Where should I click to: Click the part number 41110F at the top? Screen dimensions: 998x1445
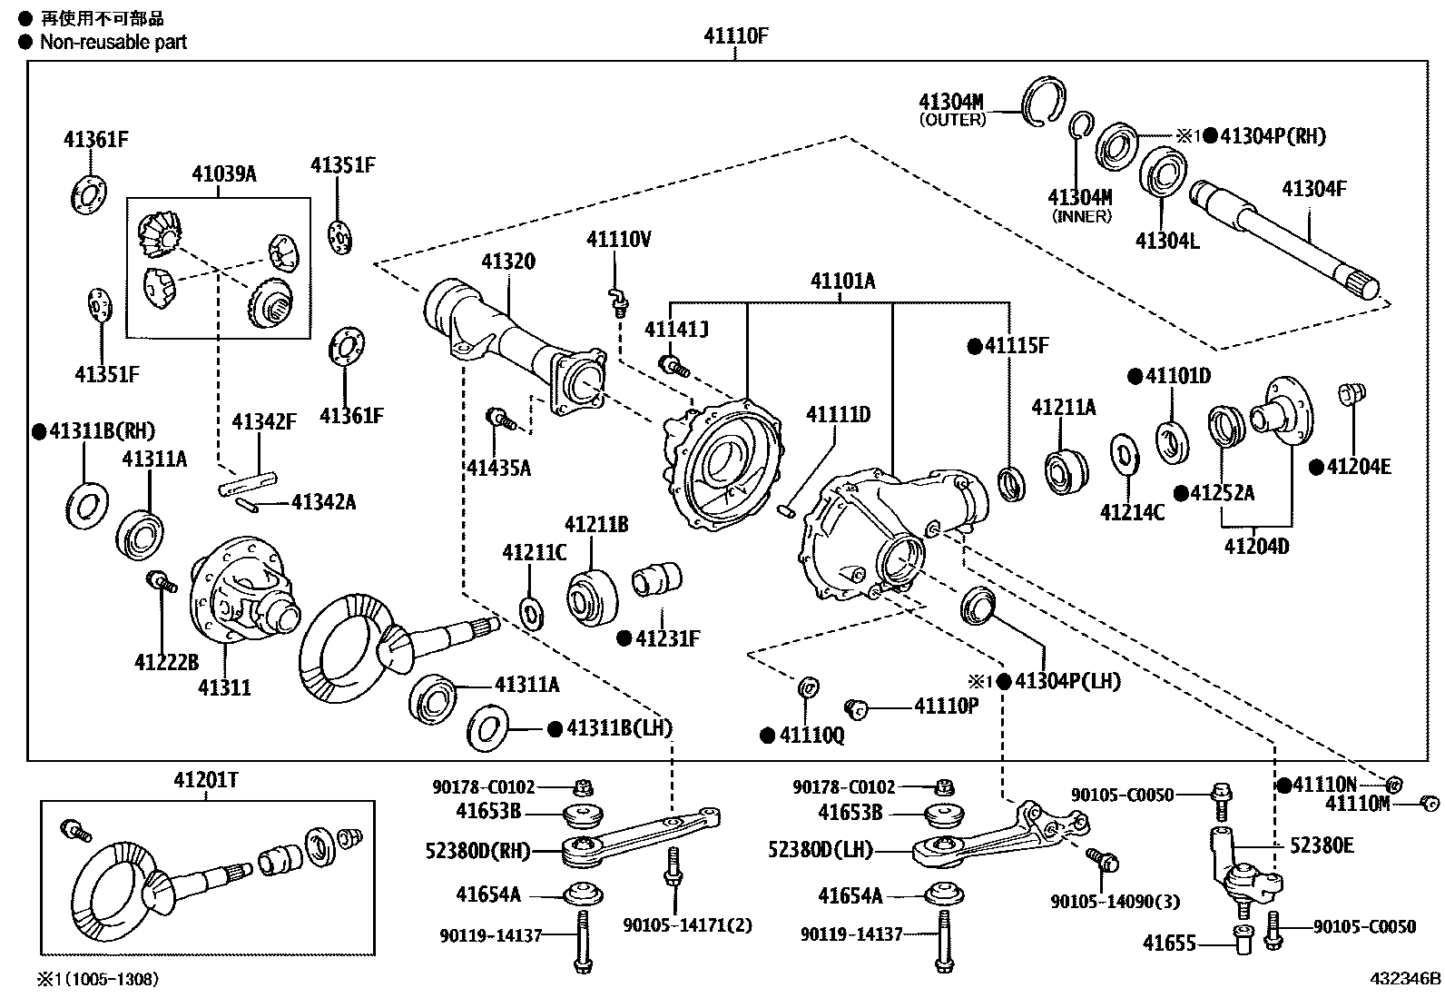coord(735,37)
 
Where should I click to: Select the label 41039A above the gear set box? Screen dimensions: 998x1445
coord(223,173)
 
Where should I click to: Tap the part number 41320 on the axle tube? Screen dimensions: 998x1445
coord(507,262)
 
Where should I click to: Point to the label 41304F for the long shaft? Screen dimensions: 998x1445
coord(1313,189)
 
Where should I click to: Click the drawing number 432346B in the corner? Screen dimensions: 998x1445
coord(1405,979)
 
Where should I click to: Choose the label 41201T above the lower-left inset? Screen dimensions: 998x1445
coord(206,779)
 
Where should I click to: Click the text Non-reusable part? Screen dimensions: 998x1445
coord(113,42)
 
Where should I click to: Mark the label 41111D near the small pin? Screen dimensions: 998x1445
coord(838,415)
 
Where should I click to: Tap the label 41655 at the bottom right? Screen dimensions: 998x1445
coord(1169,944)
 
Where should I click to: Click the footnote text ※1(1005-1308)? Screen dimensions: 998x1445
coord(97,979)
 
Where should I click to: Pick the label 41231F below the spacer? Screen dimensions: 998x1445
coord(667,638)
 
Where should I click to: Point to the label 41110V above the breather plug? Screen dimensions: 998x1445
coord(618,240)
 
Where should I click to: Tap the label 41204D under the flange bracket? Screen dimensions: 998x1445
coord(1256,547)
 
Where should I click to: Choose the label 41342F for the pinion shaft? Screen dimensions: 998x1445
coord(263,421)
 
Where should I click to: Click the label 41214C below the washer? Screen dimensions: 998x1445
coord(1132,512)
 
